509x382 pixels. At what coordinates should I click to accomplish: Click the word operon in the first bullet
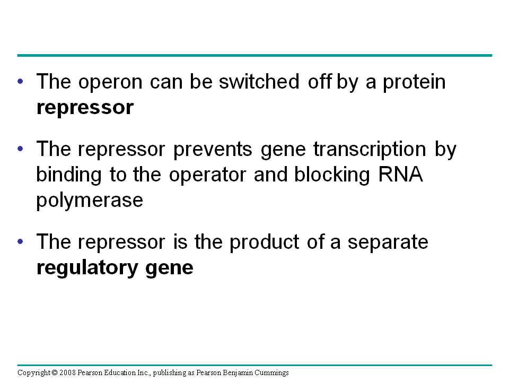(110, 83)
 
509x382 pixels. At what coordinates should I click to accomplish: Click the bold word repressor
(85, 108)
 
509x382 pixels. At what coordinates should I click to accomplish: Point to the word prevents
(213, 150)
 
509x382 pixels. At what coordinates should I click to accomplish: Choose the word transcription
(370, 150)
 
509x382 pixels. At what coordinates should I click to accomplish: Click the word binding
(69, 175)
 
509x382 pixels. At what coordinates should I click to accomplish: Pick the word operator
(207, 176)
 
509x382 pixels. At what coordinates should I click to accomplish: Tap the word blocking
(332, 175)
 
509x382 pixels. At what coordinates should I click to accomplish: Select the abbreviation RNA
(401, 175)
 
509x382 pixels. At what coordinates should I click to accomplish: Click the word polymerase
(90, 201)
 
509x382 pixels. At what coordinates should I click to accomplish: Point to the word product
(264, 242)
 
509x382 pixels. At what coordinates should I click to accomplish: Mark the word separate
(388, 244)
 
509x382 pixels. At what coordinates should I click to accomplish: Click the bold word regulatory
(87, 268)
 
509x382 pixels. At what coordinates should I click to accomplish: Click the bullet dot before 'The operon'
(21, 81)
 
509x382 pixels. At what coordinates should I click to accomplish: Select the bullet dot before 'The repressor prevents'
(21, 149)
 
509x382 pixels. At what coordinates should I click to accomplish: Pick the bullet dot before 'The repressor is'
(21, 241)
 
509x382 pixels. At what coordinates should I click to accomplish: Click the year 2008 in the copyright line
(67, 372)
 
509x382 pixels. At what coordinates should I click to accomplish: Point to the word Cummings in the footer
(271, 373)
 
